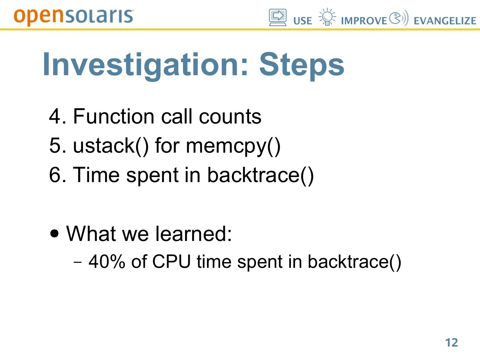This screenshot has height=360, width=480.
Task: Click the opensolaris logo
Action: pyautogui.click(x=74, y=17)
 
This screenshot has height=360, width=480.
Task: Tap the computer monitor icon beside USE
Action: pyautogui.click(x=277, y=18)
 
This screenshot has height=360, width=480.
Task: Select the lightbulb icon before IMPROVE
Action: pyautogui.click(x=327, y=17)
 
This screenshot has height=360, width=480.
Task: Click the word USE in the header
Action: pyautogui.click(x=302, y=21)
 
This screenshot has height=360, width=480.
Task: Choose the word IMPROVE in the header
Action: pyautogui.click(x=364, y=21)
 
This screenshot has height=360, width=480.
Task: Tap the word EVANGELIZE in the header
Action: pyautogui.click(x=445, y=21)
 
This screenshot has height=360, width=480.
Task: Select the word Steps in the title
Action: pyautogui.click(x=302, y=66)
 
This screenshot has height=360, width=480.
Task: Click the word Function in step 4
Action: pyautogui.click(x=114, y=116)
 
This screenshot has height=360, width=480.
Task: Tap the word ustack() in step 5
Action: pyautogui.click(x=111, y=146)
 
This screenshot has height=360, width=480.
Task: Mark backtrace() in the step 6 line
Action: pyautogui.click(x=260, y=175)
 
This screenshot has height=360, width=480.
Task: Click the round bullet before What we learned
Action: pyautogui.click(x=54, y=233)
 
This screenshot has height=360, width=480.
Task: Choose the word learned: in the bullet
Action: pyautogui.click(x=193, y=234)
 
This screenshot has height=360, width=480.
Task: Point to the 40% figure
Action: pyautogui.click(x=107, y=261)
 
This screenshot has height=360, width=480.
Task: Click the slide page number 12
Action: pyautogui.click(x=451, y=342)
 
